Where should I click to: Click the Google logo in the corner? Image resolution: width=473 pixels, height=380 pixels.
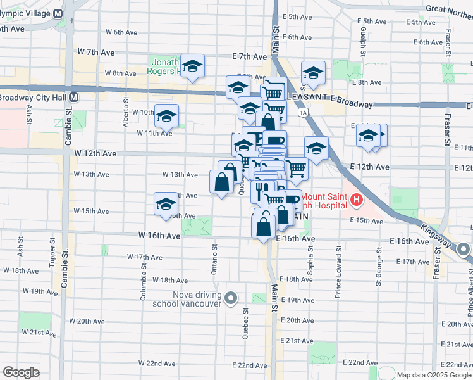tap(21, 372)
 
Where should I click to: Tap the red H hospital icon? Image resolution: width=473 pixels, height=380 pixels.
tap(357, 201)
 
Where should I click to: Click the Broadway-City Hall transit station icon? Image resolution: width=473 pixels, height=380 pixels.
tap(74, 98)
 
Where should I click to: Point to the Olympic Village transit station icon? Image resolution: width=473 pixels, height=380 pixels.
tap(58, 13)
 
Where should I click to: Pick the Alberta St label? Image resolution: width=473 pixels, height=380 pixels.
tap(126, 111)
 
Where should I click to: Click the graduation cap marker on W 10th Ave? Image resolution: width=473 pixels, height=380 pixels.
tap(166, 115)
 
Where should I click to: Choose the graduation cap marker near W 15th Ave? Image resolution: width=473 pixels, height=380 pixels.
tap(166, 203)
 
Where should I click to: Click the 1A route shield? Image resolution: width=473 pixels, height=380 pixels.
tap(304, 112)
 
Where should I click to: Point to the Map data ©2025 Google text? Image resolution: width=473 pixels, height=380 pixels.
tap(434, 375)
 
